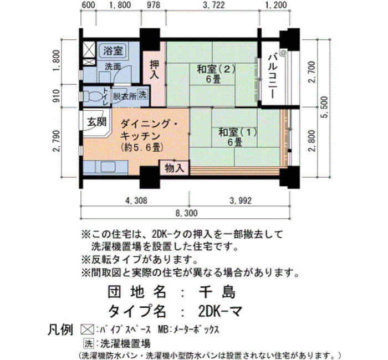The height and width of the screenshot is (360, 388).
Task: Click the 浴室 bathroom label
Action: (x=113, y=51)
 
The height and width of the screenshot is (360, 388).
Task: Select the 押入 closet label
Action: (x=155, y=70)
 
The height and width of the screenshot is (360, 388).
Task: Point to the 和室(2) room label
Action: (x=216, y=74)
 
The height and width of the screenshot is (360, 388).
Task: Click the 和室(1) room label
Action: (x=238, y=137)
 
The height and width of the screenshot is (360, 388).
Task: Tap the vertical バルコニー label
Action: (x=273, y=76)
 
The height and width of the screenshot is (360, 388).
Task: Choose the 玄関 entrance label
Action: (x=96, y=122)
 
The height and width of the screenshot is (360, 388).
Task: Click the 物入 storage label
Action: (x=175, y=168)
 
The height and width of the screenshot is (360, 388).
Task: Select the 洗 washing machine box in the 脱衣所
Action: (x=142, y=94)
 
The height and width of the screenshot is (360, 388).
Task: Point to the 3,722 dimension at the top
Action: (x=213, y=5)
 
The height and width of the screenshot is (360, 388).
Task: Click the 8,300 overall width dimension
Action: (x=186, y=213)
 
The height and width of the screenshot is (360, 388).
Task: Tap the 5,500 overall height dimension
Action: (x=325, y=107)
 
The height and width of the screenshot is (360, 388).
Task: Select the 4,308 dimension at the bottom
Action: (x=136, y=200)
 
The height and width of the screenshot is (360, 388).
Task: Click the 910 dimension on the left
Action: (x=57, y=95)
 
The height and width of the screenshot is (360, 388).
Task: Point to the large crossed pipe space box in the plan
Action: (x=89, y=49)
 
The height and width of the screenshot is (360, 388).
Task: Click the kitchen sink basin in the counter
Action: (x=108, y=166)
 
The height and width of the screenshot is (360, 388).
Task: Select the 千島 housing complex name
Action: (x=217, y=292)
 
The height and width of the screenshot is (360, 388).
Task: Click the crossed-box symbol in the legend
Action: (x=87, y=330)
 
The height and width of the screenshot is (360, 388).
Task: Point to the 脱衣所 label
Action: (x=125, y=96)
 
